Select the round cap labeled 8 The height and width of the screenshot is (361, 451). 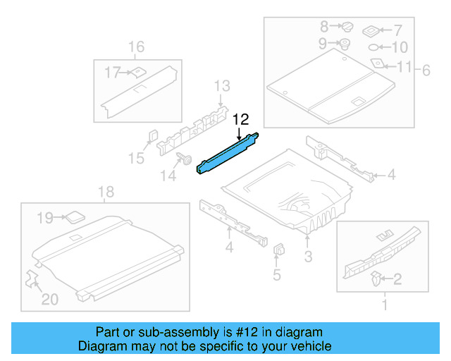[x=347, y=27]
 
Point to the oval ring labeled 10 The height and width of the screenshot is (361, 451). [x=373, y=48]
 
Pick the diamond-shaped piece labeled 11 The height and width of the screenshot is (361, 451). [x=378, y=63]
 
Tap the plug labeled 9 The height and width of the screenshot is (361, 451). [x=345, y=44]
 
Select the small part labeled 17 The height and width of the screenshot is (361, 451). [x=138, y=71]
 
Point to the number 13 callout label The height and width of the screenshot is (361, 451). [x=222, y=86]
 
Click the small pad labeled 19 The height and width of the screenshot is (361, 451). [x=74, y=217]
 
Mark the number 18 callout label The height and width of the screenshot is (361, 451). [x=105, y=192]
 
